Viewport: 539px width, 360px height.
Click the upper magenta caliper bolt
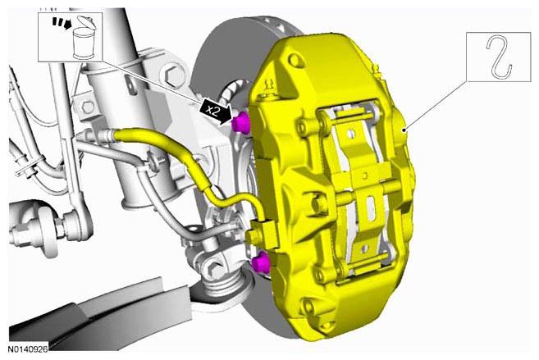pyautogui.click(x=241, y=123)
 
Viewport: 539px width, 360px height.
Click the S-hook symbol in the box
pyautogui.click(x=499, y=56)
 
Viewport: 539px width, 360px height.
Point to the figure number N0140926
pyautogui.click(x=28, y=349)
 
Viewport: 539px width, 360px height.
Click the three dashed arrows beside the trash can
pyautogui.click(x=62, y=23)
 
